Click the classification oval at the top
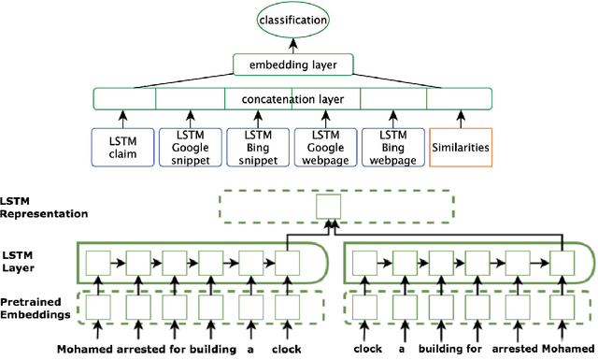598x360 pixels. click(x=294, y=19)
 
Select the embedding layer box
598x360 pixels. click(x=294, y=66)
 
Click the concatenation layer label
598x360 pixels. click(x=292, y=98)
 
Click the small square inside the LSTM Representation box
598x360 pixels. click(x=328, y=207)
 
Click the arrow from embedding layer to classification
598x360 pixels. click(x=294, y=46)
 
